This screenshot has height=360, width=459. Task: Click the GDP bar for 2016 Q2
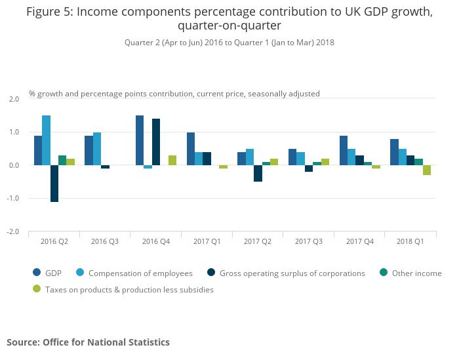click(x=38, y=150)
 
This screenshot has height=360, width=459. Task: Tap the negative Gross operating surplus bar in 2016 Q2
click(x=54, y=184)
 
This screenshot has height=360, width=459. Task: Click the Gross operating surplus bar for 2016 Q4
click(x=156, y=142)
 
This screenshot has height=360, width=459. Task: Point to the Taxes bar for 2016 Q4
click(x=172, y=160)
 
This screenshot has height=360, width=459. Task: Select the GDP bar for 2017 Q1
click(x=191, y=149)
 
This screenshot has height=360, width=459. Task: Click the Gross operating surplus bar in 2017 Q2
click(x=258, y=173)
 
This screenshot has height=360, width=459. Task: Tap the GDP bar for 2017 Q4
click(x=344, y=150)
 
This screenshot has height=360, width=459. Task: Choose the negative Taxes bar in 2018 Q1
click(x=427, y=170)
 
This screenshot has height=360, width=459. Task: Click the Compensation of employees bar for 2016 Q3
click(x=97, y=149)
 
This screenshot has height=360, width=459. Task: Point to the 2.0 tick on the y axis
click(x=14, y=99)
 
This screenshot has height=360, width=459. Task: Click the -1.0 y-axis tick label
click(x=14, y=199)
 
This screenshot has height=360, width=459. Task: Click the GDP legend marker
click(x=37, y=273)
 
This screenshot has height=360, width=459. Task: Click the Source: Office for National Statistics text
click(x=88, y=342)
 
